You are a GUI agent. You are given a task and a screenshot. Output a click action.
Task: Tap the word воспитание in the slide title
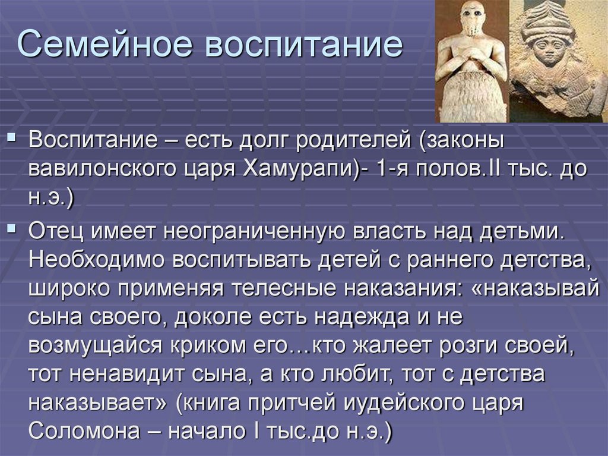click(304, 47)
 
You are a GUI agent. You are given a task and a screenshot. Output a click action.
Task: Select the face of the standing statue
click(471, 18)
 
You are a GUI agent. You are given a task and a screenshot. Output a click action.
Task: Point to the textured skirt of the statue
click(470, 98)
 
